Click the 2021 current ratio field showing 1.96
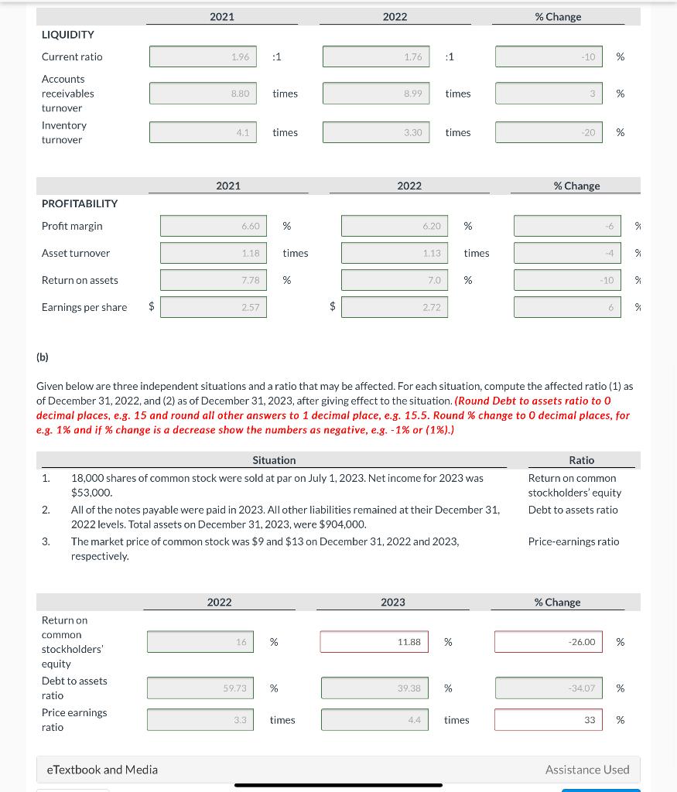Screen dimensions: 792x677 (203, 56)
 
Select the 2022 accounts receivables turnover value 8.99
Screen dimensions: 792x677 (375, 94)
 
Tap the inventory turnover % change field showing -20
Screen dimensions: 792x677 (549, 132)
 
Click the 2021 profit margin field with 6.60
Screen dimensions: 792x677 (214, 226)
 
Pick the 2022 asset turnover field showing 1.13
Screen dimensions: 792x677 (394, 253)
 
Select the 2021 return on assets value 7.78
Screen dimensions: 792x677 (214, 280)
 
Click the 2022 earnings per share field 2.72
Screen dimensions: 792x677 (394, 307)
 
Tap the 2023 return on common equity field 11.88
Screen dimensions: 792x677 (374, 642)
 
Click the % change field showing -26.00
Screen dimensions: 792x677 (549, 642)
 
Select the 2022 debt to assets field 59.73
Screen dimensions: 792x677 (200, 688)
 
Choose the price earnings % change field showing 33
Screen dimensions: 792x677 (549, 720)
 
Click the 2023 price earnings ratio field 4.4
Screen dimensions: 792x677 (374, 720)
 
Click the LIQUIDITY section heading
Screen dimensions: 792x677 (68, 35)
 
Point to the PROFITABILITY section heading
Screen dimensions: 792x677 (80, 203)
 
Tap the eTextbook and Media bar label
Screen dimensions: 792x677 (102, 770)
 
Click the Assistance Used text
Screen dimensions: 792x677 (586, 770)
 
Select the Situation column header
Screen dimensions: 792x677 (274, 460)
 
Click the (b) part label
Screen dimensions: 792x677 (43, 357)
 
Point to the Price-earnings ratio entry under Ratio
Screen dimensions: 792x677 (573, 541)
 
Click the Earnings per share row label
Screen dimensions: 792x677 (84, 307)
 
